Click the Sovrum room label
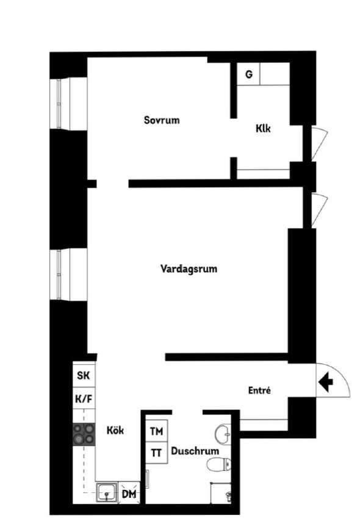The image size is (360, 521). click(162, 120)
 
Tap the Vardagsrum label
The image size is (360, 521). click(189, 268)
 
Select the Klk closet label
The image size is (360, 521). click(263, 128)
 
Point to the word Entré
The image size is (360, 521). click(259, 390)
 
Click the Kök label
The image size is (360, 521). click(115, 430)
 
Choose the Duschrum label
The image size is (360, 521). click(195, 451)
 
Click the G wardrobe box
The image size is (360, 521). click(248, 74)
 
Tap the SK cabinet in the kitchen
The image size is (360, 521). click(84, 375)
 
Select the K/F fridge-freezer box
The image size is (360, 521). click(84, 398)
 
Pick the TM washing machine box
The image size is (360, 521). click(157, 431)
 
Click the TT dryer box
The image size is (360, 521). click(157, 453)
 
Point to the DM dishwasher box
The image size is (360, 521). click(129, 494)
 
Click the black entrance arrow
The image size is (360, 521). click(326, 382)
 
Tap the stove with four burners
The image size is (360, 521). click(84, 434)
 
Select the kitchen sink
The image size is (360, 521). click(107, 492)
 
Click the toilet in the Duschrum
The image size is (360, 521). click(219, 464)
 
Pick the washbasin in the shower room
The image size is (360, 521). click(223, 433)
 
